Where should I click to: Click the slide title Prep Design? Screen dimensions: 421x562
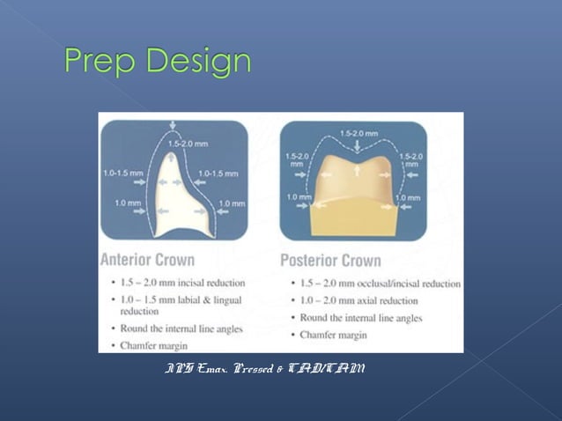pos(158,62)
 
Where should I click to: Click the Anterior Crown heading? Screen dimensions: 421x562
pos(147,260)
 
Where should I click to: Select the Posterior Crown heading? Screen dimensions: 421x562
pos(330,260)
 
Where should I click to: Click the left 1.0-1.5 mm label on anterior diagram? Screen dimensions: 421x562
pos(122,174)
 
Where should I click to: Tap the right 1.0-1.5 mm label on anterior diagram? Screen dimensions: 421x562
pos(218,174)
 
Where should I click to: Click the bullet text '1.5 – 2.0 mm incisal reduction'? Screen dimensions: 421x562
pos(177,283)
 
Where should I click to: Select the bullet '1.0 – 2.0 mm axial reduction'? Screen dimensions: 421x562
pos(361,300)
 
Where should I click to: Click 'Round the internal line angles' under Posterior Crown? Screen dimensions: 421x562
pos(360,318)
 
